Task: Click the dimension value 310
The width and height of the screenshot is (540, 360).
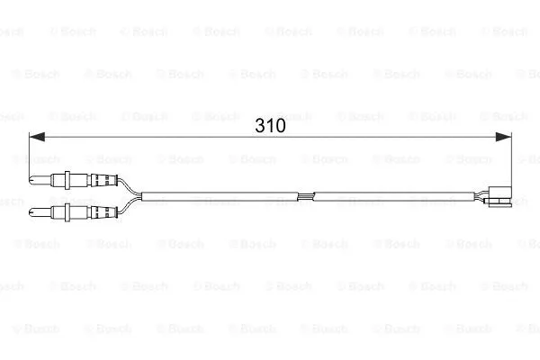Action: [270, 126]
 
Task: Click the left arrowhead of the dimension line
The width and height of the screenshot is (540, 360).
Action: [37, 137]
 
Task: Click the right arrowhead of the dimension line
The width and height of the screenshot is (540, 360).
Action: [503, 137]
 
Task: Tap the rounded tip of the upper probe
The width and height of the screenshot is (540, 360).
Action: [31, 179]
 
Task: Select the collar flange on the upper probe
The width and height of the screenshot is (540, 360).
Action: [67, 180]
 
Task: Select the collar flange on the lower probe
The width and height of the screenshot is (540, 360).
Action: [67, 212]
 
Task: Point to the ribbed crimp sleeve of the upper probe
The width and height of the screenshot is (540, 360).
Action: [103, 180]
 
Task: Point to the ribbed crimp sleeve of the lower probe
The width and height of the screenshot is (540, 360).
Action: [103, 212]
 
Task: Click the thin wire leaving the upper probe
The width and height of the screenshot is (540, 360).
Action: [129, 186]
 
